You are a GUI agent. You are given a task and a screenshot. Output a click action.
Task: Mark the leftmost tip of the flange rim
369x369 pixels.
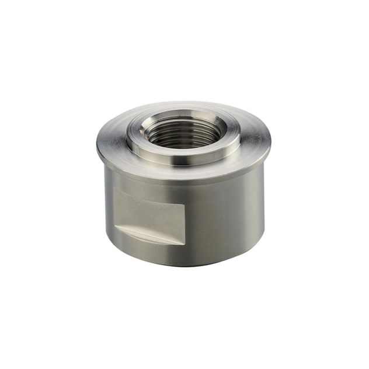97,143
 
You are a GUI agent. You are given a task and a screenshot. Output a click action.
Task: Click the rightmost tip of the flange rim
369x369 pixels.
270,139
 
